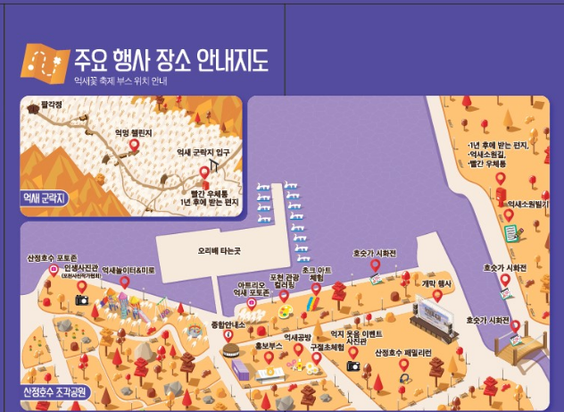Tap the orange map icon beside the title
point(44,62)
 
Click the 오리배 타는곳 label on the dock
point(219,251)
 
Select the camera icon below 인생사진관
point(82,300)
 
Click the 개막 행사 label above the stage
point(437,283)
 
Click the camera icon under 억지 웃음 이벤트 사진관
point(353,366)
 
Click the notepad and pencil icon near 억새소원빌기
point(511,233)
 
